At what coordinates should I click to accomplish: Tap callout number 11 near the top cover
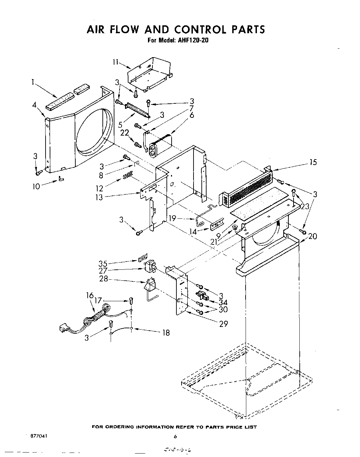(x=115, y=62)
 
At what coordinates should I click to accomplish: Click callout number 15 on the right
(x=313, y=162)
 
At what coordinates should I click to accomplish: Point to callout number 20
(x=312, y=236)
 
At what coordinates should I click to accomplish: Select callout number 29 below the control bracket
(x=223, y=323)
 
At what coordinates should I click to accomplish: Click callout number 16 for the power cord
(x=90, y=295)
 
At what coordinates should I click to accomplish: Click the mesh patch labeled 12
(x=128, y=176)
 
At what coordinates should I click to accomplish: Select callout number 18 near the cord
(x=165, y=332)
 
